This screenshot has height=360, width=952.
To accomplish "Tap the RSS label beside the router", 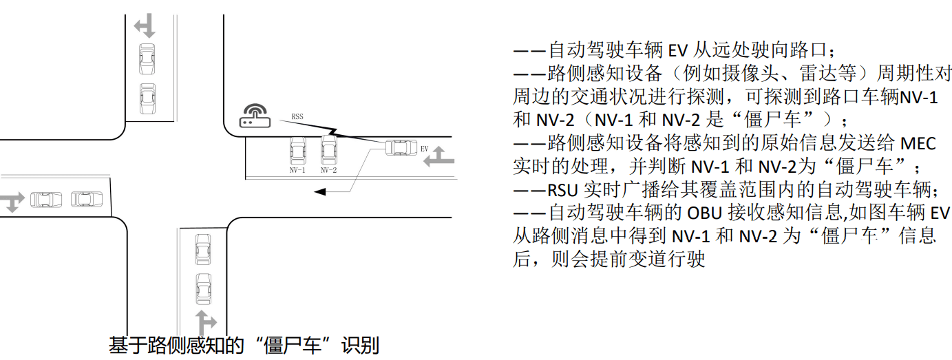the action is (297, 116).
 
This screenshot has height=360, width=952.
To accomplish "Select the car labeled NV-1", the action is (297, 149).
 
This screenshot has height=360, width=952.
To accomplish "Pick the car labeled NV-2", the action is (328, 149).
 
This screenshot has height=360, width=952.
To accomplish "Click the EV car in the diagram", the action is (399, 147).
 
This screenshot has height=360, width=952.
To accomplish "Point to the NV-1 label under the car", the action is (297, 169).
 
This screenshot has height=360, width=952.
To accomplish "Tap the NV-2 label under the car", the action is (328, 169).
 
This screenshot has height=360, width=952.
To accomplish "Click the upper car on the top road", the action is (146, 59).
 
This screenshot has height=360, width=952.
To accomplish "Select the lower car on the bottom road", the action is (203, 288).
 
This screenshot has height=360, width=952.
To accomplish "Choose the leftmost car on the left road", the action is (45, 200).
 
